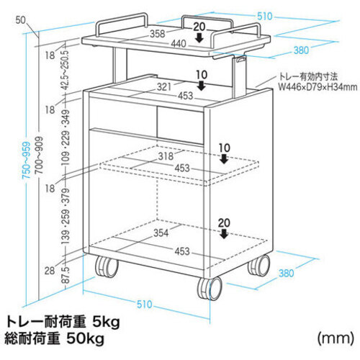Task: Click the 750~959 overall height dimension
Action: tap(27, 160)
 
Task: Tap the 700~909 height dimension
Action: tap(39, 156)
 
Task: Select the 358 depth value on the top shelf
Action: tap(158, 34)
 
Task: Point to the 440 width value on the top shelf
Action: tap(179, 44)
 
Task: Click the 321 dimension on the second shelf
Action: tap(164, 87)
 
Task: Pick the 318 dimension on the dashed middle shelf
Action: tap(166, 156)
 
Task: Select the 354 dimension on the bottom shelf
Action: tap(161, 233)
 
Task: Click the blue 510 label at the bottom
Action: tap(145, 305)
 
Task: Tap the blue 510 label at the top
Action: tap(265, 17)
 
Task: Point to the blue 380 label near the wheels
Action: tap(287, 273)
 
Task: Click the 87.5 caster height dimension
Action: tap(66, 274)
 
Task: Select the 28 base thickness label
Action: tap(50, 271)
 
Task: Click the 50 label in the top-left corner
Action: tap(21, 20)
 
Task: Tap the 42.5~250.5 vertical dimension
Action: tap(66, 69)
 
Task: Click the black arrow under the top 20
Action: tap(199, 37)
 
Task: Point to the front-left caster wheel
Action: tap(107, 267)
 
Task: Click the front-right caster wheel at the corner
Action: tap(210, 288)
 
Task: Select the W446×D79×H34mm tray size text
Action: tap(318, 86)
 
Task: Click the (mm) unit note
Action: tap(336, 338)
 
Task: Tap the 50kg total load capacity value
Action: tap(85, 338)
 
